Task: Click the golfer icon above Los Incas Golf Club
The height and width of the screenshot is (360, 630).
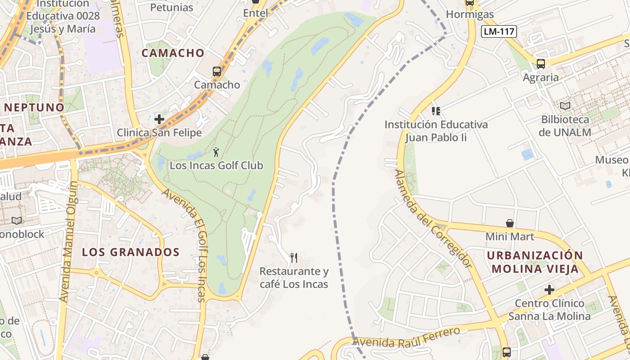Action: (216, 152)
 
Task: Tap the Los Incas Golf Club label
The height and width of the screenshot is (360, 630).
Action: (216, 166)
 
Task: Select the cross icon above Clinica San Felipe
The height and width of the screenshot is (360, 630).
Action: (159, 119)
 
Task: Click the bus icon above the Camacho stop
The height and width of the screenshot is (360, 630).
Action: (217, 71)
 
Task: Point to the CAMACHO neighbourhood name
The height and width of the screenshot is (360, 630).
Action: (173, 53)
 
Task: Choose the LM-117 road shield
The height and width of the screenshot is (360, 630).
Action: (499, 31)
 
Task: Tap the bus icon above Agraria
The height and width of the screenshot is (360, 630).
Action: (541, 63)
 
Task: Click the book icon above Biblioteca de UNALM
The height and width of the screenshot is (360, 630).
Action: (565, 106)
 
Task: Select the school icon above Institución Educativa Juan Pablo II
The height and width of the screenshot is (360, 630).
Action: (436, 111)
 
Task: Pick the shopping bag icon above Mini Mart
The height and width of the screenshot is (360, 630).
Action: (510, 223)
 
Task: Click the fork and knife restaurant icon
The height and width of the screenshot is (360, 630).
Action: (294, 257)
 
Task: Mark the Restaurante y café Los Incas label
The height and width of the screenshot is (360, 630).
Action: (294, 278)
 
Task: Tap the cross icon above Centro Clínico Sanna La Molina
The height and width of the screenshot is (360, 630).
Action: (549, 289)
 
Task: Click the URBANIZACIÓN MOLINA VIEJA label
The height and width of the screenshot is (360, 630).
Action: (535, 262)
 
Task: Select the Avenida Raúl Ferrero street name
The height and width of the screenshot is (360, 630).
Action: (406, 337)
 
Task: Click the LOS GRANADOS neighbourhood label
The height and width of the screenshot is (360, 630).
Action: (131, 252)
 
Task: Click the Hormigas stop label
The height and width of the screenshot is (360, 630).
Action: (470, 14)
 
